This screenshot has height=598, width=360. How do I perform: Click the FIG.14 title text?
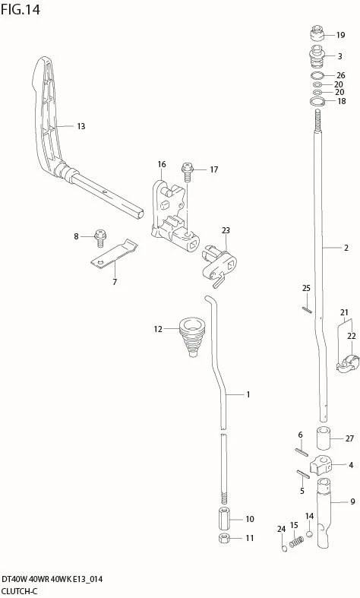21,9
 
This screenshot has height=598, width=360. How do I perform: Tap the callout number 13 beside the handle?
81,126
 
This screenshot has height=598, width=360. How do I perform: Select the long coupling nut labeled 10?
224,518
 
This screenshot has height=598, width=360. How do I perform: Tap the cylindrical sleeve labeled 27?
323,438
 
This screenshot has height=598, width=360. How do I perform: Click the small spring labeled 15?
296,542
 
